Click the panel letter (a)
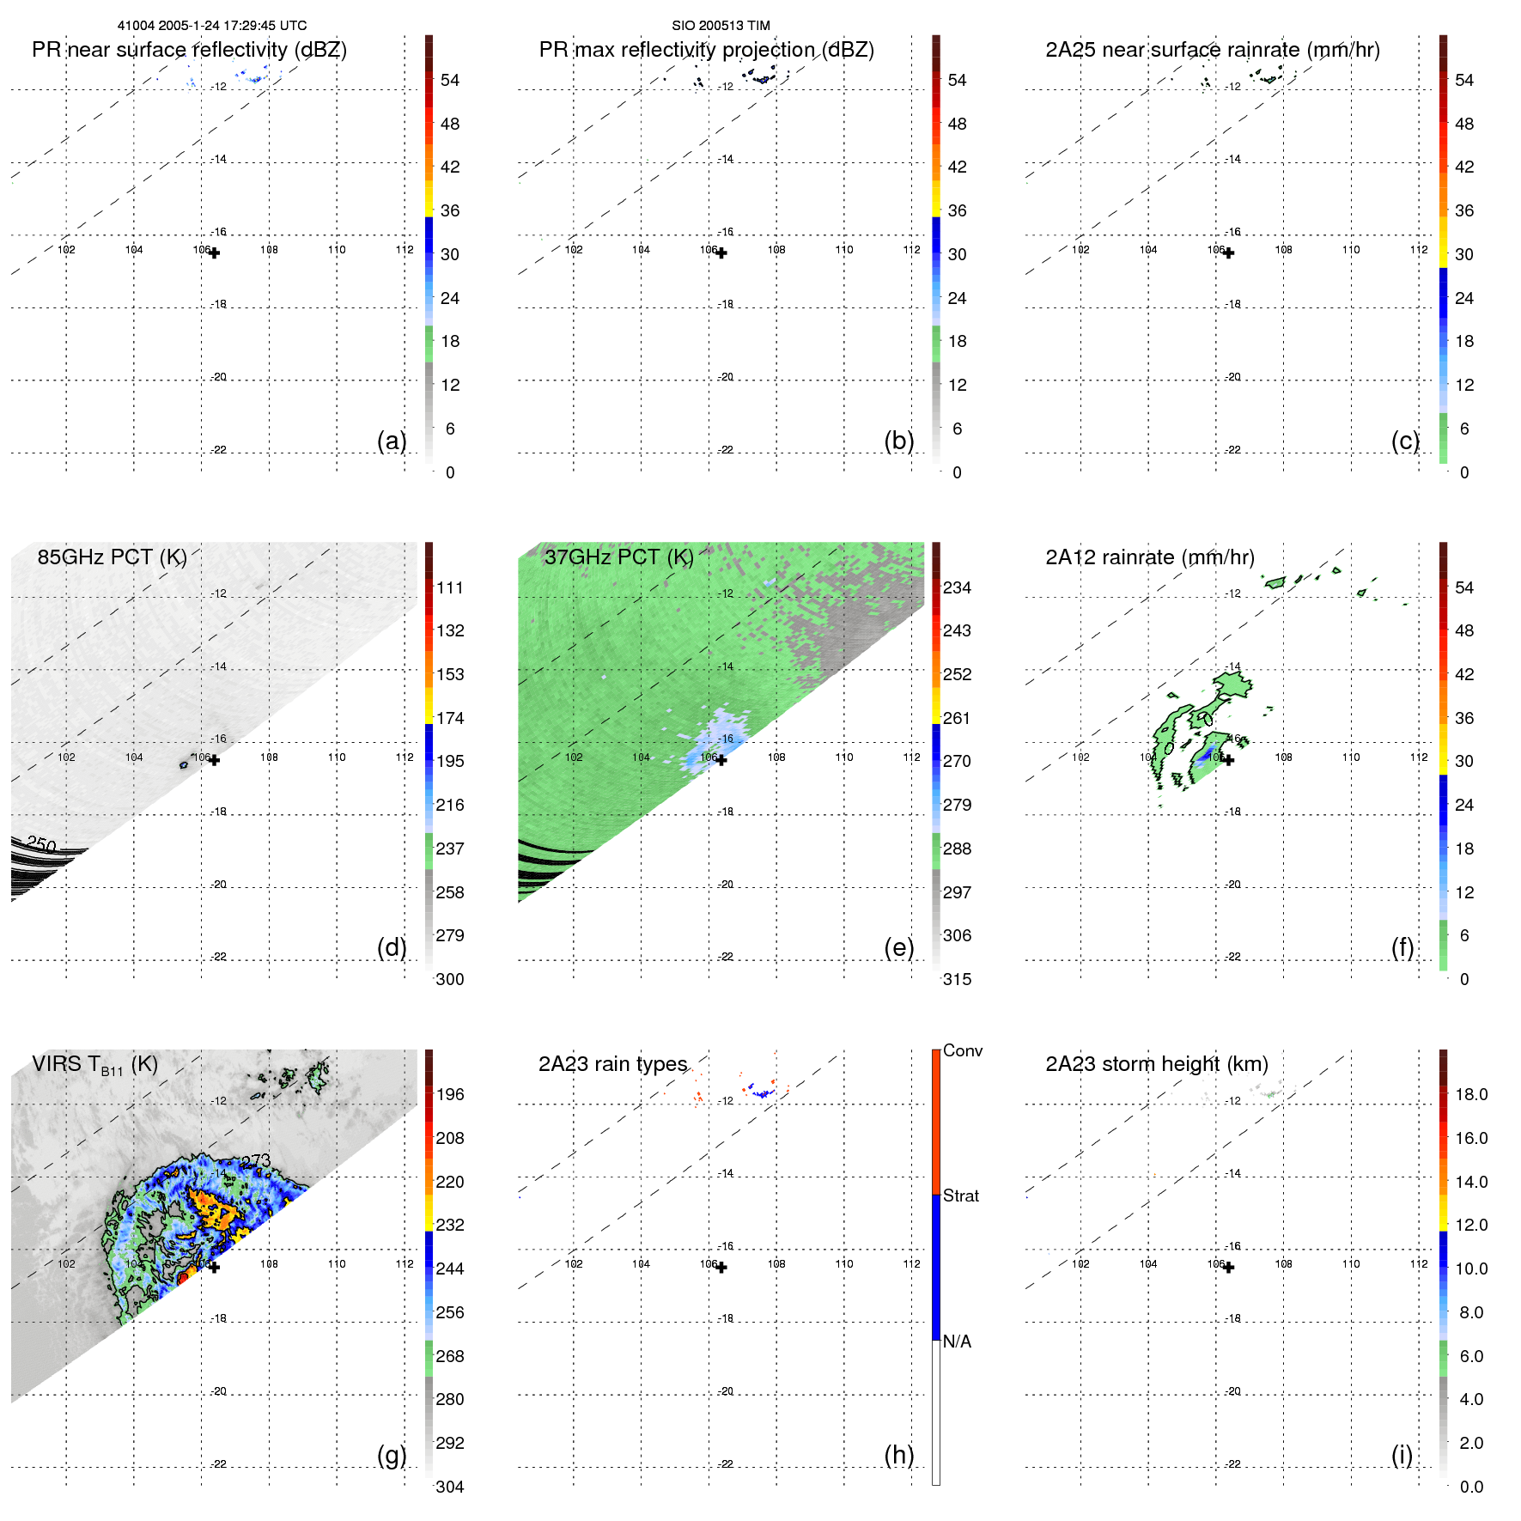coord(392,441)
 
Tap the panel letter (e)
coord(898,947)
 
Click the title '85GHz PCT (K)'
coord(113,557)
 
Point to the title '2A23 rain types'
coord(613,1064)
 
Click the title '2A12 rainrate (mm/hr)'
coord(1150,557)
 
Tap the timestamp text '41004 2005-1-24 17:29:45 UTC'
coord(212,26)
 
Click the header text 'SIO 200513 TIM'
coord(721,26)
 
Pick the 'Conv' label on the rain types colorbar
coord(963,1050)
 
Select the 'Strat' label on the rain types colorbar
coord(961,1196)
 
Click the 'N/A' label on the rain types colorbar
coord(957,1342)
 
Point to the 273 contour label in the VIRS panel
coord(256,1161)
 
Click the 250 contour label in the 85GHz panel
coord(41,844)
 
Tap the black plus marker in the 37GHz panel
coord(721,760)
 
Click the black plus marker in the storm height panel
coord(1229,1268)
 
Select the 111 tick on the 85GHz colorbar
coord(450,587)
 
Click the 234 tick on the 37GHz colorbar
coord(957,587)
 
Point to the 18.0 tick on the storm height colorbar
coord(1471,1094)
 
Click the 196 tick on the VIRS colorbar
coord(450,1094)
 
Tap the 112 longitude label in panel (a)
coord(405,250)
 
